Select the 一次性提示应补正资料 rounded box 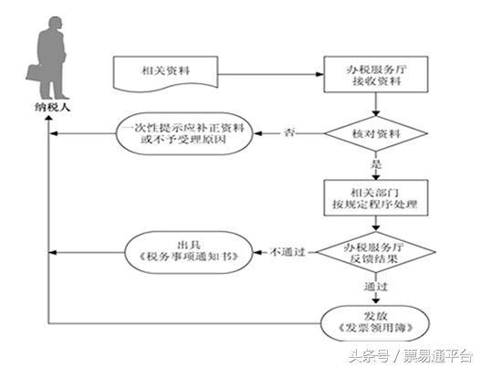pos(183,136)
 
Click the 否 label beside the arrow pos(290,133)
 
